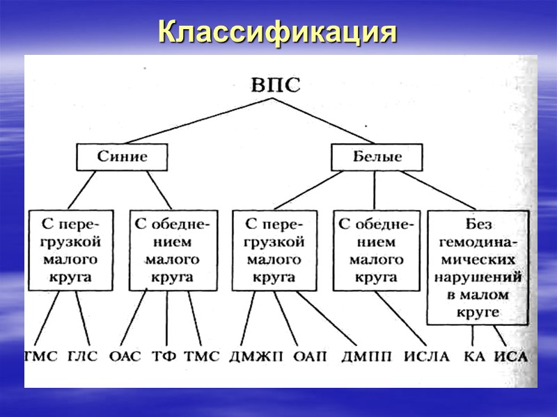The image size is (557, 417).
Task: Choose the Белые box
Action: [x=376, y=156]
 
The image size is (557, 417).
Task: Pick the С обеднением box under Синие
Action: [x=171, y=251]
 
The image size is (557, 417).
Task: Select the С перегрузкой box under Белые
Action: [x=274, y=251]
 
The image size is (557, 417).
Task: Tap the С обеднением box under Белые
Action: [x=376, y=251]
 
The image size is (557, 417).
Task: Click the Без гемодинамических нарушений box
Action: [x=479, y=268]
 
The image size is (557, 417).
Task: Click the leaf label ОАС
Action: [x=125, y=357]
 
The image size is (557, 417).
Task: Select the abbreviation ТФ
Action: [x=164, y=357]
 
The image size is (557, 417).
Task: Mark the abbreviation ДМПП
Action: [x=365, y=357]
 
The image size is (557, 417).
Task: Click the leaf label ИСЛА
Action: [x=426, y=357]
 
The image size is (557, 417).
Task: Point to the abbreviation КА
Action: [x=475, y=357]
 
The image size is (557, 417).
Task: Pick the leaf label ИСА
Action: [x=512, y=357]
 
